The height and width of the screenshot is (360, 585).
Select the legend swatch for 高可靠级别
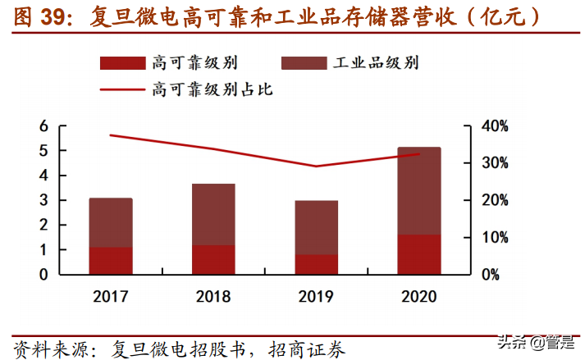coord(121,63)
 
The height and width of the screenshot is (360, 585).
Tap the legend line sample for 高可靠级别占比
coord(121,89)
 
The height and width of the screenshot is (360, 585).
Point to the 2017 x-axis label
coord(111,296)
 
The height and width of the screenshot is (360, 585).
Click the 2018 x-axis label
coord(213,296)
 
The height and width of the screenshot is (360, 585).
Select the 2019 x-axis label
coord(317,296)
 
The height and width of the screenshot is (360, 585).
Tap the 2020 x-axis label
coord(419,296)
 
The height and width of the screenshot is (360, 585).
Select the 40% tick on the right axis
coord(494,126)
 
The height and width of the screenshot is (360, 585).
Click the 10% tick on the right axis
coord(494,237)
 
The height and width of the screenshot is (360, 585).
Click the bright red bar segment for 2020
coord(419,254)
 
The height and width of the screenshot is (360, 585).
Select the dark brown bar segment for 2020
coord(419,191)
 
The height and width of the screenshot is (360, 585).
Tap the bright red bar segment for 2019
coord(317,264)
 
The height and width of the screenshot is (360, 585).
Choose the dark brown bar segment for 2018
coord(213,214)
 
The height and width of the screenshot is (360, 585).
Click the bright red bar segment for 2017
coord(111,261)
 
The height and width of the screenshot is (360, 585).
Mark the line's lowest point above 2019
coord(317,166)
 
